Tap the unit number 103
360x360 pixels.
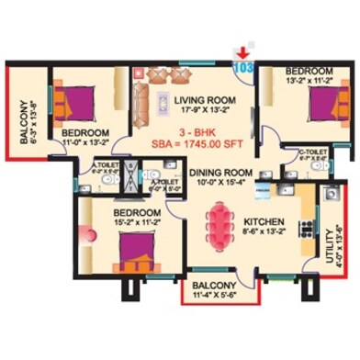tap(244, 67)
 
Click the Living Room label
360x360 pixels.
tap(189, 102)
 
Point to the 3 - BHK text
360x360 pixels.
tap(188, 132)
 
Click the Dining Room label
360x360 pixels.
tap(218, 172)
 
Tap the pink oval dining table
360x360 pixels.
tap(220, 224)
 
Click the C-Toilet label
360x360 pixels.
tap(314, 150)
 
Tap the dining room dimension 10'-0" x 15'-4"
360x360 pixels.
tap(219, 183)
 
